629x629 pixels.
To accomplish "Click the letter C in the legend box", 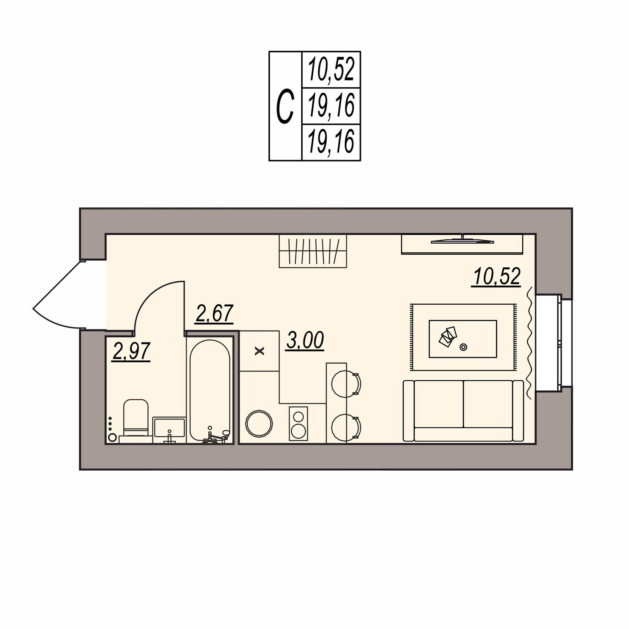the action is [x=285, y=106].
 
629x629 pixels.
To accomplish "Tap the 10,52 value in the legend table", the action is [x=331, y=69].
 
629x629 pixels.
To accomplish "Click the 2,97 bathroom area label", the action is [x=131, y=351].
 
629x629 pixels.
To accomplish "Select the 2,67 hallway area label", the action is [x=215, y=313].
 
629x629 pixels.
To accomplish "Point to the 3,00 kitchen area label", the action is [x=305, y=340].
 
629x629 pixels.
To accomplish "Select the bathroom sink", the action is [x=169, y=427].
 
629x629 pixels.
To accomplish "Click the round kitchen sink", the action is [x=259, y=423].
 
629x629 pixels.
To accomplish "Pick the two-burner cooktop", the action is [x=298, y=423].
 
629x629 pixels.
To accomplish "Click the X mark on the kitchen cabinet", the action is [x=259, y=351].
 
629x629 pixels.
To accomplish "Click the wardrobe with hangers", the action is [x=313, y=251].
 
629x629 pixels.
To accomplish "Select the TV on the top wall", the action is [x=462, y=241].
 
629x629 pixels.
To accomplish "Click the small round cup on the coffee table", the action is [x=463, y=347].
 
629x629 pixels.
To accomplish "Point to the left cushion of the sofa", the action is [x=439, y=404].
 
